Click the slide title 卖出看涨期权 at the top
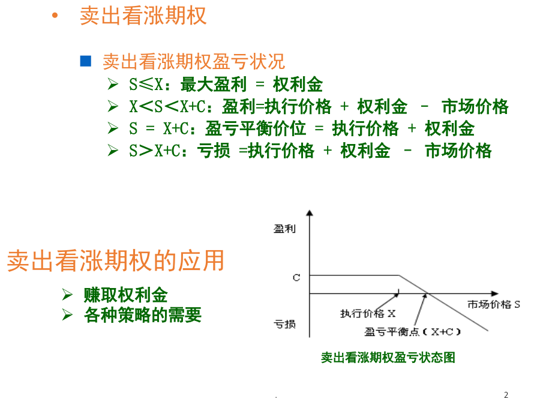tap(143, 16)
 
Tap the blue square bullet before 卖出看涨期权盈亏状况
tap(86, 61)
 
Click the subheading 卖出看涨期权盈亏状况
tap(194, 61)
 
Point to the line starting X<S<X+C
tap(319, 107)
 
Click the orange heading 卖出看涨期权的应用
tap(116, 260)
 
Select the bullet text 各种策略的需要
tap(143, 314)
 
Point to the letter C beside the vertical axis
tap(296, 278)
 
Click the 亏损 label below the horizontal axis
tap(284, 325)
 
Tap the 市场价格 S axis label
tap(493, 304)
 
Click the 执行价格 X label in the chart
tap(368, 313)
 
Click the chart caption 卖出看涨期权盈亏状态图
tap(388, 358)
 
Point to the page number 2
tap(506, 395)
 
